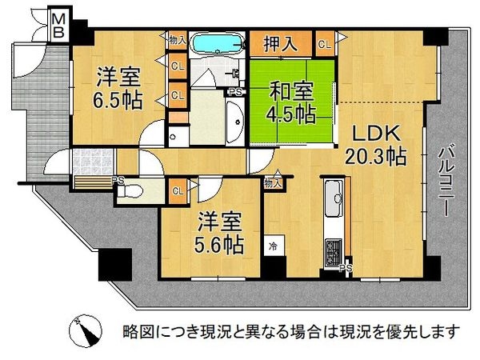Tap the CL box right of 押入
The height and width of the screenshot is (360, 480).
coord(324,45)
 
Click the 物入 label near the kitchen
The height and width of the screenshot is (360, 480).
coord(273,183)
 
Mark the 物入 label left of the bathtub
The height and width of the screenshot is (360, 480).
coord(177,38)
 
